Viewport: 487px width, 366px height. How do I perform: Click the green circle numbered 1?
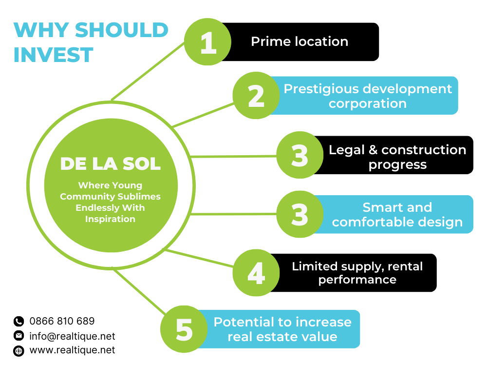pyautogui.click(x=208, y=41)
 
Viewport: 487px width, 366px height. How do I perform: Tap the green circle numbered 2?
pyautogui.click(x=256, y=96)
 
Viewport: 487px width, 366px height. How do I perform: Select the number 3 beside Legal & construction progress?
pyautogui.click(x=300, y=155)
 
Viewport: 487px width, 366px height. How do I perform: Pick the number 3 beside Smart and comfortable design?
pyautogui.click(x=300, y=214)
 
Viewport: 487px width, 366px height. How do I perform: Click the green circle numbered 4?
pyautogui.click(x=256, y=273)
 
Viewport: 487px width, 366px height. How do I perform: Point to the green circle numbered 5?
pyautogui.click(x=184, y=329)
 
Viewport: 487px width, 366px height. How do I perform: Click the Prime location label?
pyautogui.click(x=300, y=41)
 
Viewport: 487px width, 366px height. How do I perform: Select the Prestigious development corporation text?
pyautogui.click(x=368, y=96)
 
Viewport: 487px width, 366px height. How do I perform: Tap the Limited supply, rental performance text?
pyautogui.click(x=357, y=273)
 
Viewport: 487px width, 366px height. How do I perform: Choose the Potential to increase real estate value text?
pyautogui.click(x=282, y=329)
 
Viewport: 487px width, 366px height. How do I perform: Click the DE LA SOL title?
pyautogui.click(x=111, y=163)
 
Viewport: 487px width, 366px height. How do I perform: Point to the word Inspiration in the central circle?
pyautogui.click(x=110, y=219)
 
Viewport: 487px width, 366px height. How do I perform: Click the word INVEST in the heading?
pyautogui.click(x=54, y=55)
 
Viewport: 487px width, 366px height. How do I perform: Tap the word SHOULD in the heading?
pyautogui.click(x=121, y=30)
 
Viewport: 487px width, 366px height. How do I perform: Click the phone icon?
pyautogui.click(x=19, y=321)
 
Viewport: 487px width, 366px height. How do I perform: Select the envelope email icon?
pyautogui.click(x=19, y=336)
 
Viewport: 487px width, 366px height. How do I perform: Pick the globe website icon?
pyautogui.click(x=19, y=351)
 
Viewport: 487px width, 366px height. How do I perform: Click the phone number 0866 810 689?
pyautogui.click(x=62, y=321)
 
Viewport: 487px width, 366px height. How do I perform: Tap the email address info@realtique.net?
pyautogui.click(x=72, y=336)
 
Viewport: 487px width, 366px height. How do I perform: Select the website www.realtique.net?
pyautogui.click(x=72, y=350)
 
